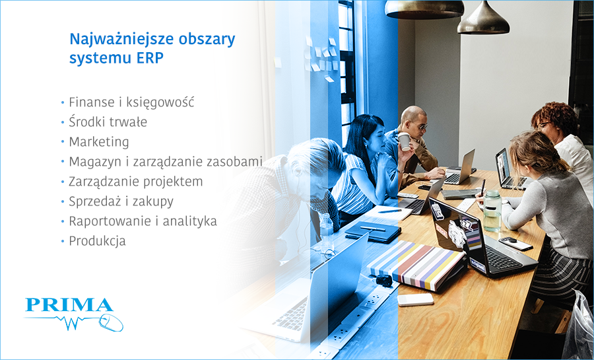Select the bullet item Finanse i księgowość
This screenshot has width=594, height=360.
click(131, 102)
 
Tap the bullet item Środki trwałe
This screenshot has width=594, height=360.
click(108, 122)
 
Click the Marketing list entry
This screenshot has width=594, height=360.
click(99, 142)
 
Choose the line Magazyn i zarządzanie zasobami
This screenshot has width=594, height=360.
click(166, 162)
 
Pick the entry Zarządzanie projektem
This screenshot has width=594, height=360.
click(135, 182)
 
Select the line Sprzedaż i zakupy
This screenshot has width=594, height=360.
click(121, 201)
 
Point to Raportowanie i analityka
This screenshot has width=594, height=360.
click(143, 221)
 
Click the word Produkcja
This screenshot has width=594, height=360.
click(97, 241)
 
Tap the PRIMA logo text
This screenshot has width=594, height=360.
click(69, 305)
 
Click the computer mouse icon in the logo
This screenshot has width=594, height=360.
click(112, 323)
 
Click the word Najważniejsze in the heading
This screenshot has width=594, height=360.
click(110, 39)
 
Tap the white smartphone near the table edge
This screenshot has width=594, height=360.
click(415, 299)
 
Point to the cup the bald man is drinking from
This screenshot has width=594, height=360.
click(403, 141)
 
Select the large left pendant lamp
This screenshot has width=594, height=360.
click(415, 9)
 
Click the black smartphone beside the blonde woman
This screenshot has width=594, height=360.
click(515, 243)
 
